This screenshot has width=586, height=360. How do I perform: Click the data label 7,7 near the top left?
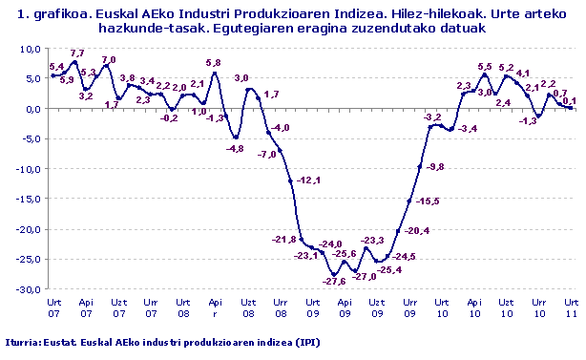pos(78,53)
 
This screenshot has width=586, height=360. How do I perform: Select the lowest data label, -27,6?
pos(333,281)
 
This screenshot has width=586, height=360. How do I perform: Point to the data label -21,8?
pos(285,239)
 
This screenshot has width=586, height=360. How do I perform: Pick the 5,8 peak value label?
pos(213,63)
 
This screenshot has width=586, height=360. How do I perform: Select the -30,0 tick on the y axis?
pos(31,289)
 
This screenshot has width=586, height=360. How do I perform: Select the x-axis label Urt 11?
pos(571,306)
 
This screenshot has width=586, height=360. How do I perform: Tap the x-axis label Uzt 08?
pos(247,306)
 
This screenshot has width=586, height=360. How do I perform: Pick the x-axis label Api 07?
pos(86,306)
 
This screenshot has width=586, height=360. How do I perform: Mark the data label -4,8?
pos(235,149)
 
